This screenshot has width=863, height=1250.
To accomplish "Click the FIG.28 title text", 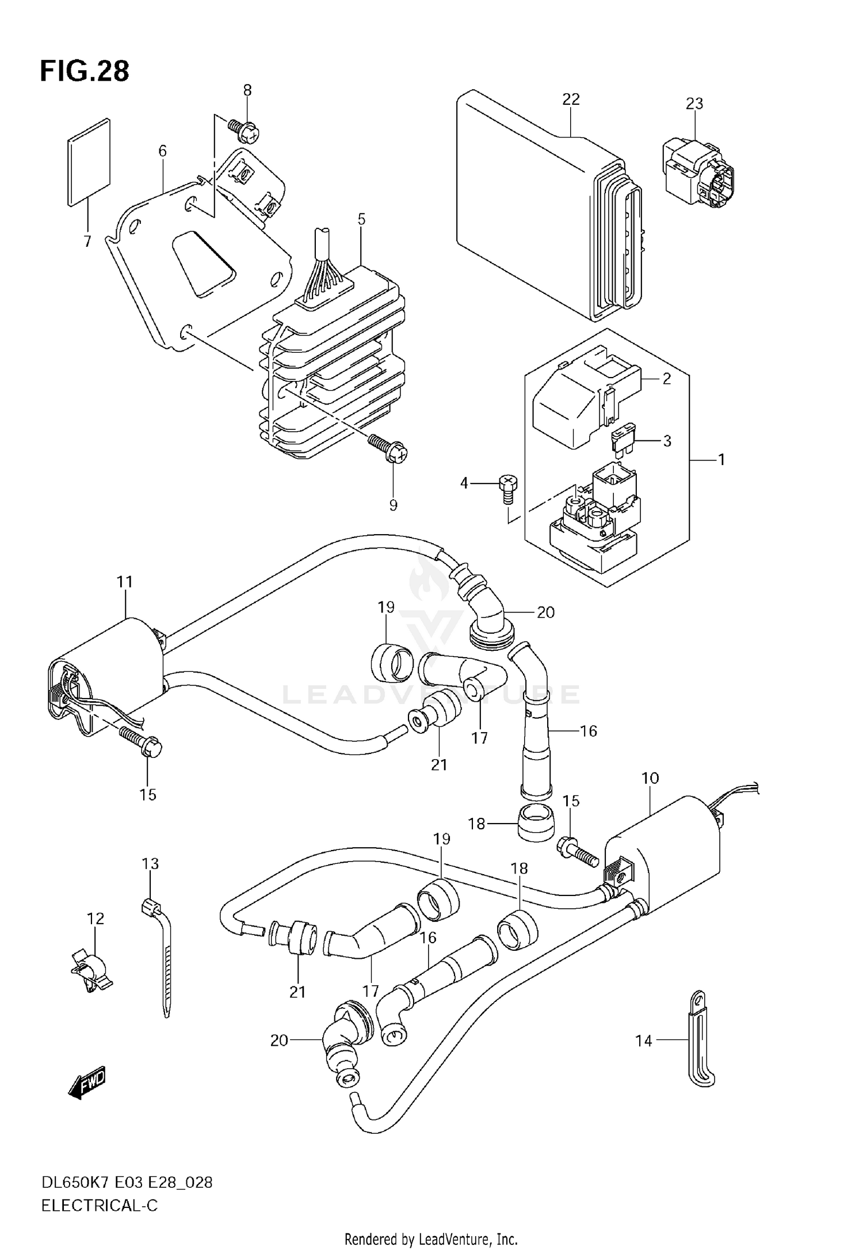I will pyautogui.click(x=85, y=71).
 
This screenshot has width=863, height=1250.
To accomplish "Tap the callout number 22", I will pyautogui.click(x=571, y=99).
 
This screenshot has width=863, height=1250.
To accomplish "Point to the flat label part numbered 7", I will pyautogui.click(x=89, y=162).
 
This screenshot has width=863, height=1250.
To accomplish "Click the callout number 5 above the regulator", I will pyautogui.click(x=361, y=219).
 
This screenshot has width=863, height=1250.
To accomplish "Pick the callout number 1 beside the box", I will pyautogui.click(x=720, y=460).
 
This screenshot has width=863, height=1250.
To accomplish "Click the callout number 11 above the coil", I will pyautogui.click(x=125, y=582).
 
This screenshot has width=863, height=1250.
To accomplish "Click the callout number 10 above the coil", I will pyautogui.click(x=650, y=778).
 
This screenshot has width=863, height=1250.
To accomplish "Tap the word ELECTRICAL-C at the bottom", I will pyautogui.click(x=99, y=1206).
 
